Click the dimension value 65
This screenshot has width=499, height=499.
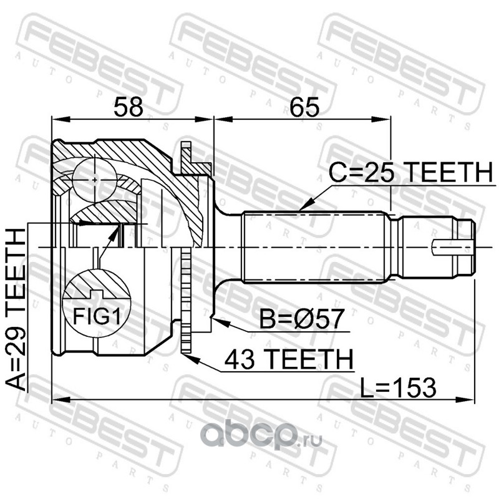point(304,107)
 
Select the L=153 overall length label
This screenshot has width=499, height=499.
point(398,388)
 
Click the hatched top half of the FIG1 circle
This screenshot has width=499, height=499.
point(97,284)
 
